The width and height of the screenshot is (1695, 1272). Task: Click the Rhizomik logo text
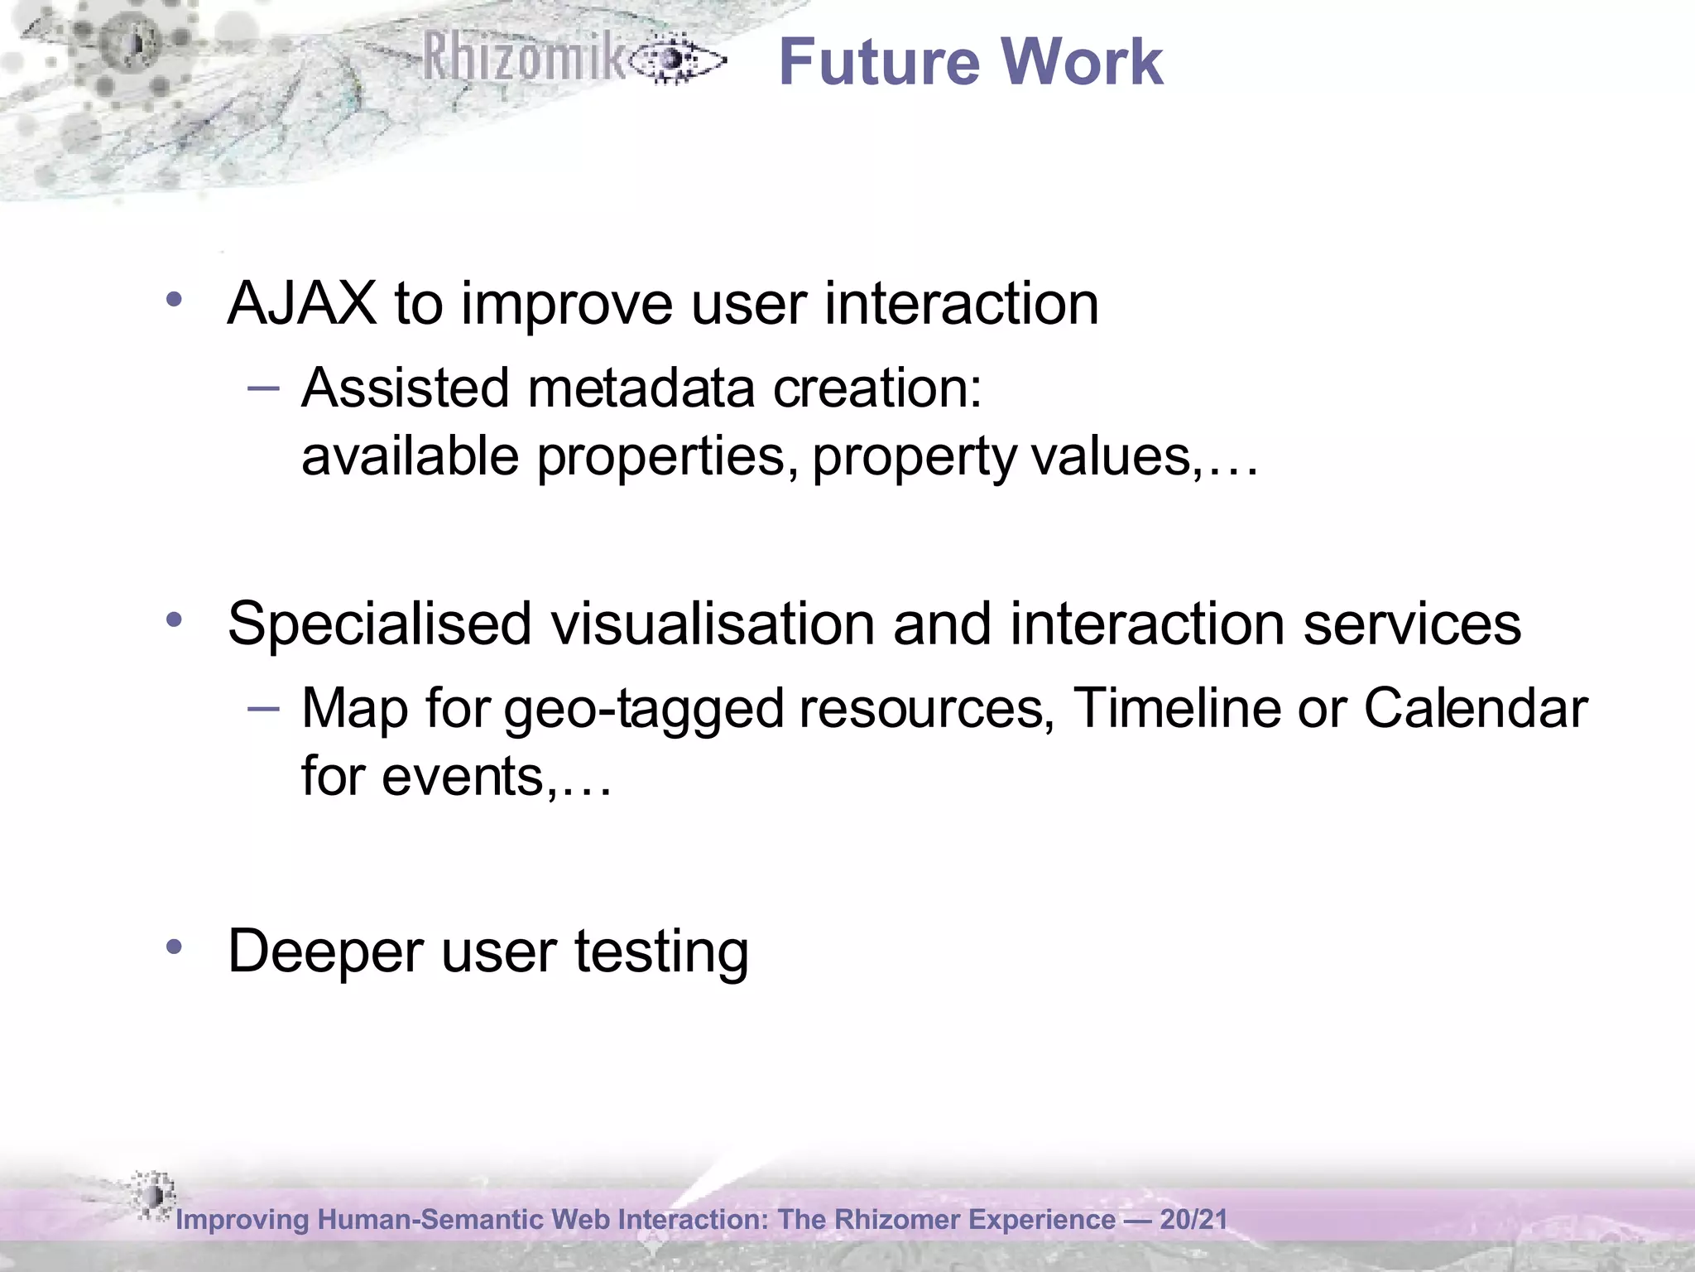tap(526, 58)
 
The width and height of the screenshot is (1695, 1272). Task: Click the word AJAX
tap(301, 304)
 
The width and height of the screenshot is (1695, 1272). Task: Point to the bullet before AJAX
tap(173, 299)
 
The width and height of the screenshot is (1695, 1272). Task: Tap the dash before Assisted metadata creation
tap(264, 387)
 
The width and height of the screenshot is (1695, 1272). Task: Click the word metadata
tap(641, 388)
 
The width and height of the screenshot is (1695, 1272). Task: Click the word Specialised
tap(379, 624)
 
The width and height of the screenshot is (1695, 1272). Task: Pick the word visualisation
tap(713, 624)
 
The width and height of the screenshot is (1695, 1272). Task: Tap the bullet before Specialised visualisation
tap(173, 619)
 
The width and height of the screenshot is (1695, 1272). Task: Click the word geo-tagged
tap(643, 709)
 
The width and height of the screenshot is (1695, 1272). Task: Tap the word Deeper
tap(325, 951)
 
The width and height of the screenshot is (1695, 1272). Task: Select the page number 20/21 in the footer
tap(1193, 1219)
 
